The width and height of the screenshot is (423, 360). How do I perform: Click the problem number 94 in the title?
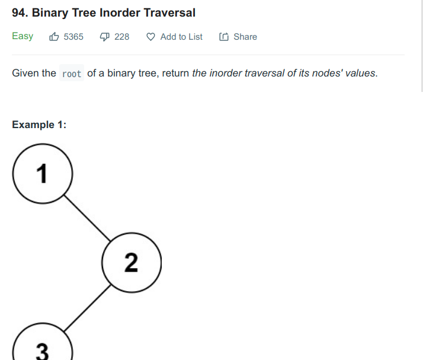18,12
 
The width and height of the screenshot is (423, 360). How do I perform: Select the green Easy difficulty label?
23,36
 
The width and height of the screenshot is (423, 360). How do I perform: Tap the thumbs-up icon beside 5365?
54,37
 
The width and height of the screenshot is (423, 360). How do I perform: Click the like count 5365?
73,37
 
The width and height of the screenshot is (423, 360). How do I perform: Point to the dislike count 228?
122,37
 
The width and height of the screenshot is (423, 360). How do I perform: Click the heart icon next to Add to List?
150,37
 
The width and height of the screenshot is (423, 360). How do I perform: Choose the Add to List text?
181,37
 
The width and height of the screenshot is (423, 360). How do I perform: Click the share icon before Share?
224,37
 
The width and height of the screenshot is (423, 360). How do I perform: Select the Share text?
245,37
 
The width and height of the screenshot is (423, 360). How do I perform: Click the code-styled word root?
72,74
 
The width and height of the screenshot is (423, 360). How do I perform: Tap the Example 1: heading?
39,125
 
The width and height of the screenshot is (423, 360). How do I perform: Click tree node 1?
42,173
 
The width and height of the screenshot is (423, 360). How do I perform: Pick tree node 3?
42,350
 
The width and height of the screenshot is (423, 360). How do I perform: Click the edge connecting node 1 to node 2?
86,218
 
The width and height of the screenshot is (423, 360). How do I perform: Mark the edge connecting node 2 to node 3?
86,307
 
